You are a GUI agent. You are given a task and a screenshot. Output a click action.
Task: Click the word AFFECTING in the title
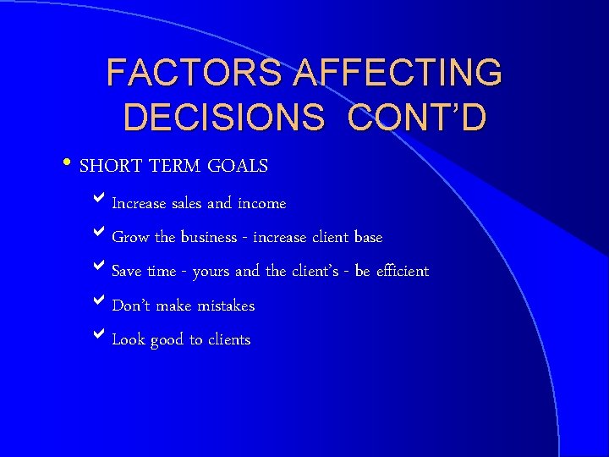398,74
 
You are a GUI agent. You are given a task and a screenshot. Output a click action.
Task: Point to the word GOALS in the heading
239,166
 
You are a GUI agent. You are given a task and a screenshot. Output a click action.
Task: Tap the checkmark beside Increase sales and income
99,201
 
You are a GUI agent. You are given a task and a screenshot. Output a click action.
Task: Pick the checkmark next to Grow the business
99,235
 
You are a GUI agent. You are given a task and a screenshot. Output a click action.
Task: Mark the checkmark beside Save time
99,269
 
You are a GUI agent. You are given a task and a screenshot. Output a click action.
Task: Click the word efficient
402,271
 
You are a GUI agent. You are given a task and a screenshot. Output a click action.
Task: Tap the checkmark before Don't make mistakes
99,303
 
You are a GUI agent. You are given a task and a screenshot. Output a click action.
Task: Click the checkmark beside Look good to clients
99,337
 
